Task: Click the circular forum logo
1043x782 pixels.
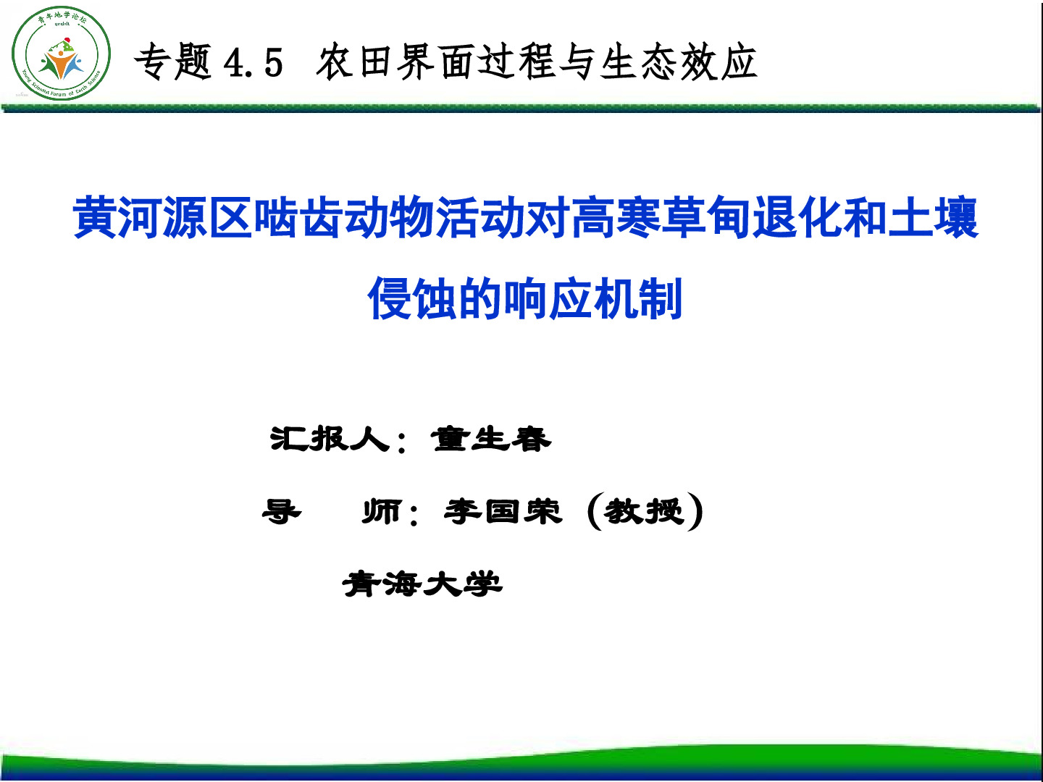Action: pyautogui.click(x=62, y=53)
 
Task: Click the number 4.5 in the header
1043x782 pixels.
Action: pyautogui.click(x=253, y=63)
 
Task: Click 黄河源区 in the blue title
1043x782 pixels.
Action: pyautogui.click(x=162, y=217)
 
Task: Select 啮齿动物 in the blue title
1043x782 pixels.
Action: pyautogui.click(x=344, y=217)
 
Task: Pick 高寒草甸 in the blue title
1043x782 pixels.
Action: pyautogui.click(x=661, y=217)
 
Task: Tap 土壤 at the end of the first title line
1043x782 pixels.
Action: pyautogui.click(x=933, y=217)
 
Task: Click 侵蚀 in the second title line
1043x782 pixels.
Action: pyautogui.click(x=413, y=298)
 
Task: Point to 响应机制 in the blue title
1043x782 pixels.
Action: pyautogui.click(x=593, y=298)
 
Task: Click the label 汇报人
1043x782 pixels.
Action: pyautogui.click(x=330, y=439)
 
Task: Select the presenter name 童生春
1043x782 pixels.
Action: pyautogui.click(x=491, y=439)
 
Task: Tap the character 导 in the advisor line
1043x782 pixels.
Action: pyautogui.click(x=282, y=511)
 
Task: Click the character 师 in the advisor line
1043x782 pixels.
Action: pyautogui.click(x=382, y=511)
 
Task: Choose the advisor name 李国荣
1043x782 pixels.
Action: pyautogui.click(x=503, y=511)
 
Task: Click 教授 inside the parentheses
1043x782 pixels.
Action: pyautogui.click(x=645, y=511)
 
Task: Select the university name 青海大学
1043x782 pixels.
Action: pyautogui.click(x=422, y=584)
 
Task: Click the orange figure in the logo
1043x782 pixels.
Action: pyautogui.click(x=62, y=64)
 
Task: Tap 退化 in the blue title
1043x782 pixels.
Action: pyautogui.click(x=797, y=217)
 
